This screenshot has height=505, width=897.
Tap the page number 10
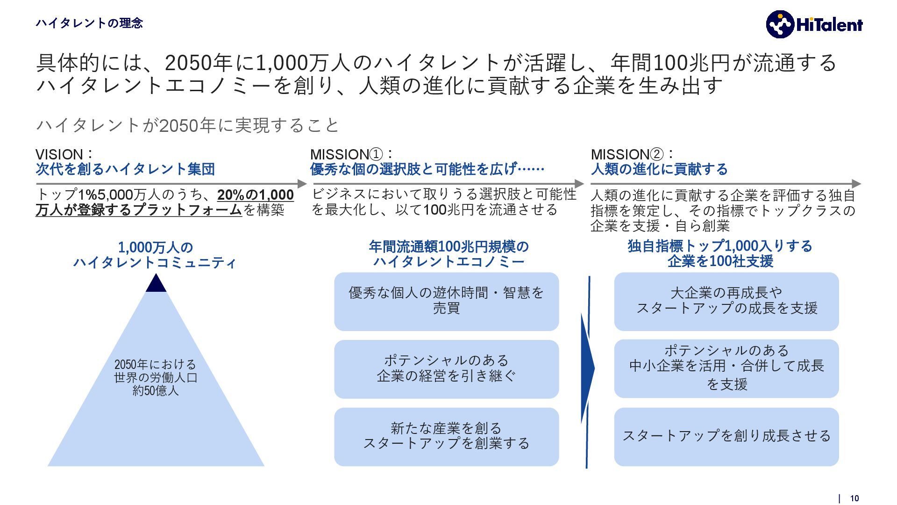click(x=854, y=498)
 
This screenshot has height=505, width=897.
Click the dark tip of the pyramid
click(x=156, y=284)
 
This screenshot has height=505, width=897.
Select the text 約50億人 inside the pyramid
click(x=156, y=390)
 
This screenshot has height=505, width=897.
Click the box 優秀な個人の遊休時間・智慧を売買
click(x=446, y=302)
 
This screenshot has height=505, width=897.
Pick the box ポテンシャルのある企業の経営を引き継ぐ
click(x=446, y=369)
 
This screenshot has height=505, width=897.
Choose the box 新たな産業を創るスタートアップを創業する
click(x=446, y=436)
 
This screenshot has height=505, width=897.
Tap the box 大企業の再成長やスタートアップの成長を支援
click(x=726, y=302)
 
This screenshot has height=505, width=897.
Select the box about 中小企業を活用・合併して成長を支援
click(x=726, y=369)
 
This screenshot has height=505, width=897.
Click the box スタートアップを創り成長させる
click(x=726, y=436)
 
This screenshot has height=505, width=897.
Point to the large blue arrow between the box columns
click(x=587, y=369)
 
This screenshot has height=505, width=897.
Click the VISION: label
click(x=64, y=154)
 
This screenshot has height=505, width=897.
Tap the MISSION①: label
click(x=351, y=154)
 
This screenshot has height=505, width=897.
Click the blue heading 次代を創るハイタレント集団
click(x=125, y=169)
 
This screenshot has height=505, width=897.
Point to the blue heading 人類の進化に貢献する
click(x=659, y=169)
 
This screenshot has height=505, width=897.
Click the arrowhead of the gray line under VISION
click(x=302, y=184)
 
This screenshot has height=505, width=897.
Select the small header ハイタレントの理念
click(x=89, y=23)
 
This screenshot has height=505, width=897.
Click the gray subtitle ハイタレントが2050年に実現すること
click(x=187, y=125)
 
